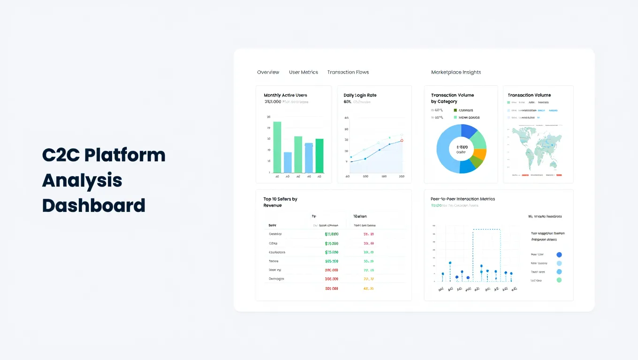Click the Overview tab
pyautogui.click(x=268, y=72)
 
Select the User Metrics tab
pyautogui.click(x=303, y=72)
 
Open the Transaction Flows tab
pyautogui.click(x=348, y=72)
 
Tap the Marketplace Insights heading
pyautogui.click(x=456, y=72)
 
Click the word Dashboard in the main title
pyautogui.click(x=94, y=205)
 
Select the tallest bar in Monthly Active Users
pyautogui.click(x=277, y=147)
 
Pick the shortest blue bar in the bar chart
pyautogui.click(x=288, y=162)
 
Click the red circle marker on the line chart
pyautogui.click(x=402, y=140)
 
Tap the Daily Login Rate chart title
pyautogui.click(x=360, y=95)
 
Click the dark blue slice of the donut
pyautogui.click(x=469, y=131)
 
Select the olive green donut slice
pyautogui.click(x=476, y=163)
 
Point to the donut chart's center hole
pyautogui.click(x=461, y=149)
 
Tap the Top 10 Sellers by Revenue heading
pyautogui.click(x=280, y=202)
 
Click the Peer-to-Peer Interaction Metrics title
pyautogui.click(x=463, y=199)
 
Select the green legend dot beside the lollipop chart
pyautogui.click(x=559, y=280)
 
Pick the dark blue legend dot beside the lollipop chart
pyautogui.click(x=559, y=255)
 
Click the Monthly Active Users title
pyautogui.click(x=285, y=95)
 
